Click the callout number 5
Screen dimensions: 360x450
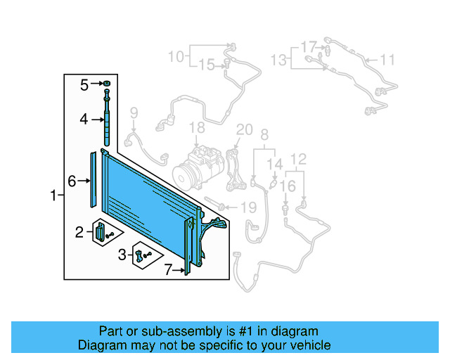[x=84, y=85]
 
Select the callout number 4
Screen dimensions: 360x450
[x=84, y=120]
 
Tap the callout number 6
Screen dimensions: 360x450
[x=72, y=181]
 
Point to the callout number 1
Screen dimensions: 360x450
[x=53, y=195]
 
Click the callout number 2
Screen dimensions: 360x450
[x=80, y=231]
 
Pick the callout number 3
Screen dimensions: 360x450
[x=122, y=254]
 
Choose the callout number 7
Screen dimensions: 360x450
[x=168, y=269]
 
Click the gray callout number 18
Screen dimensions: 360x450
[x=197, y=127]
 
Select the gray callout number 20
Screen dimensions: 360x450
[x=244, y=129]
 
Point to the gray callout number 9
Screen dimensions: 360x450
[x=134, y=112]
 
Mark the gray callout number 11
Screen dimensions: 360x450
[x=388, y=59]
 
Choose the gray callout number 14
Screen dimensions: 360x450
[x=275, y=164]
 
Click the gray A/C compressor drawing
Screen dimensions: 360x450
[x=196, y=169]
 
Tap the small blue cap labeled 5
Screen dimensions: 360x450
[x=106, y=85]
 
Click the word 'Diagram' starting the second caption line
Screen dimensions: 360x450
[x=102, y=345]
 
